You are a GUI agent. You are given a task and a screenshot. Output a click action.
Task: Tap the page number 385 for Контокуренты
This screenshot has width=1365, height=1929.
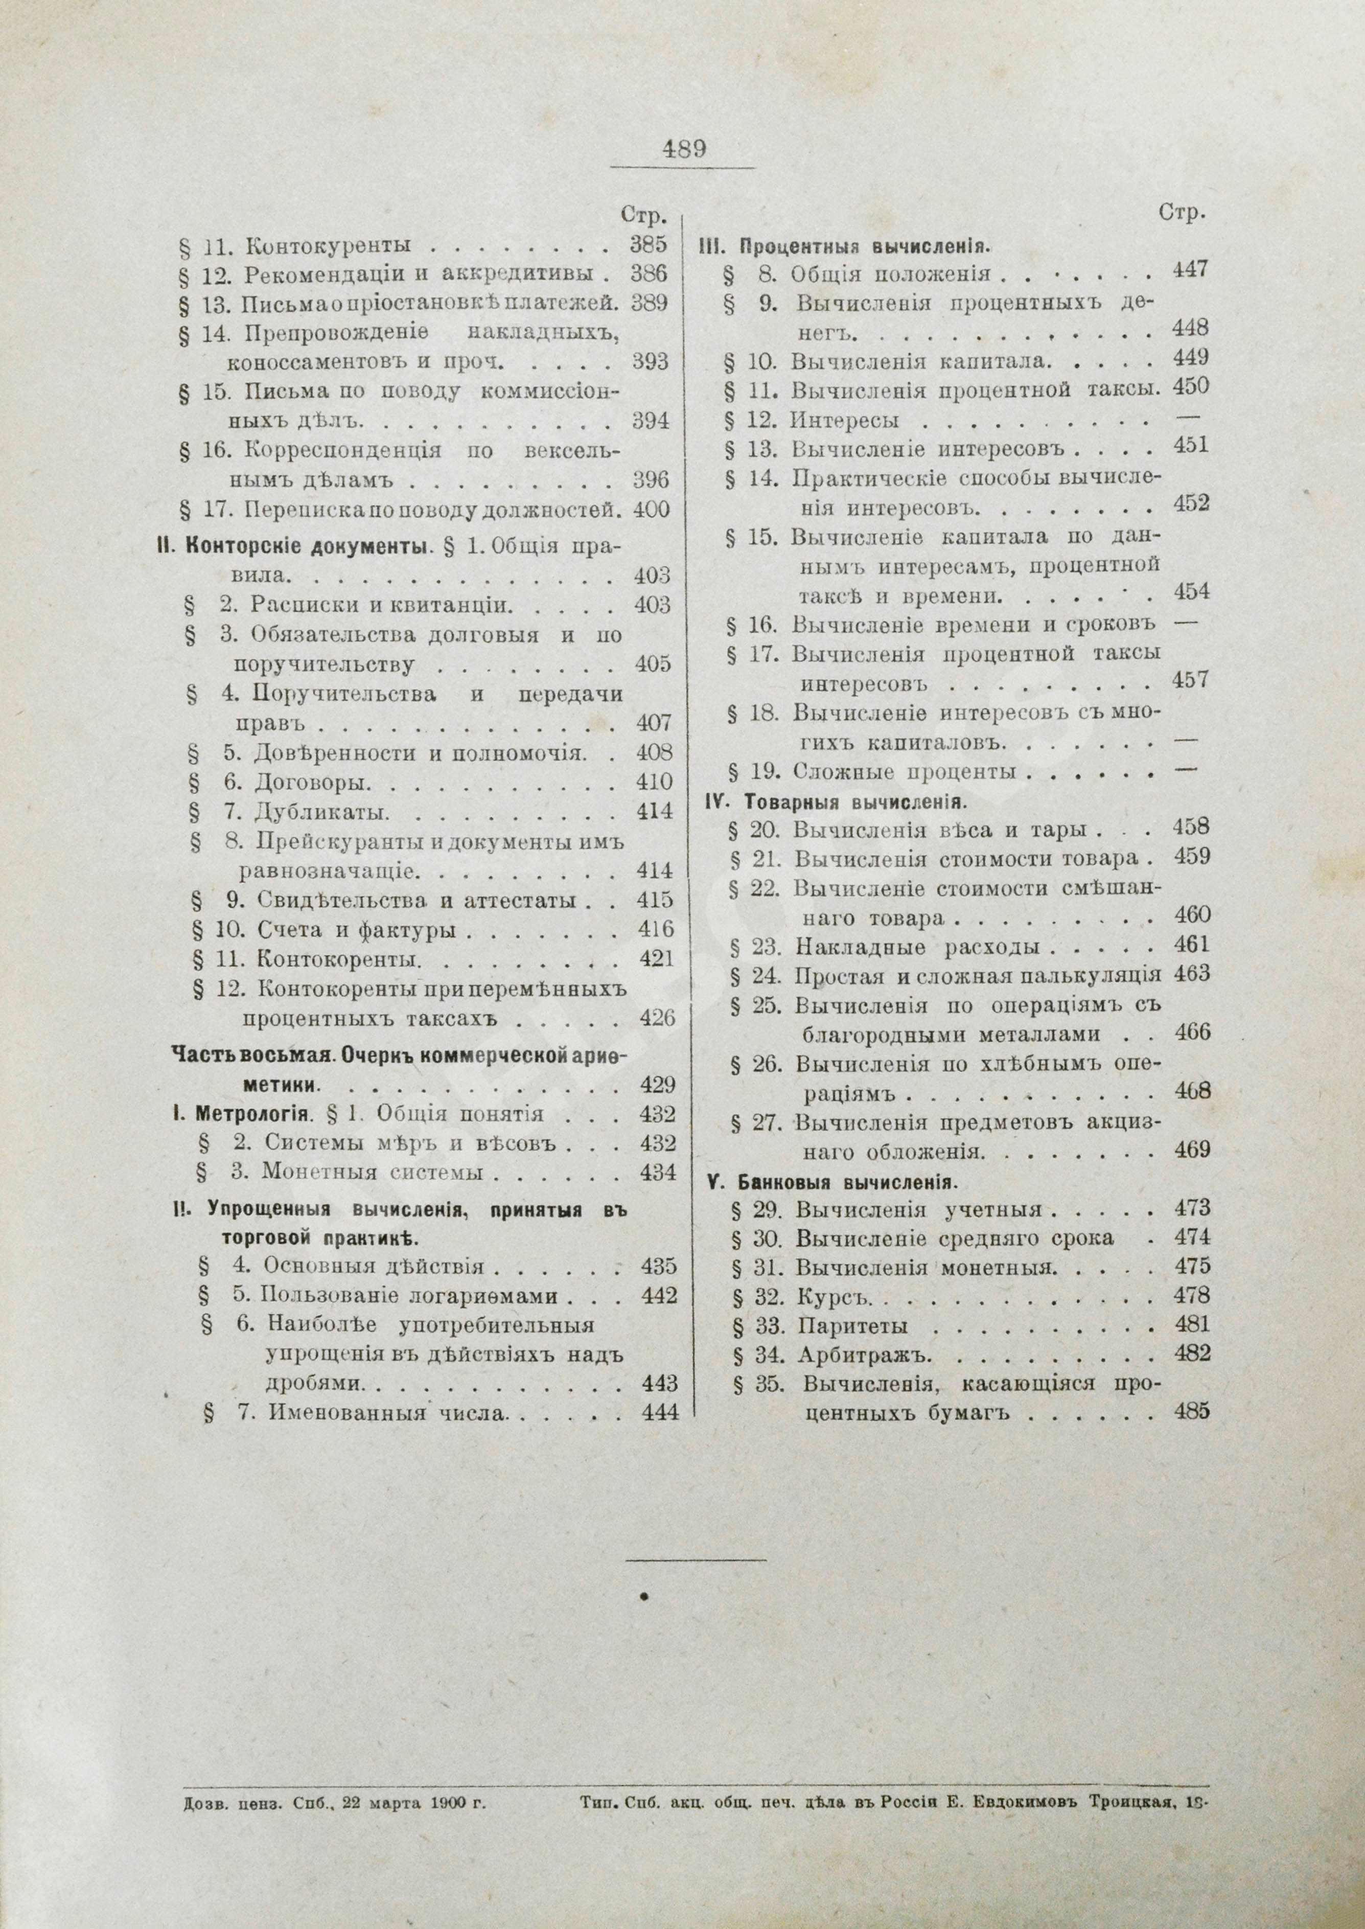[648, 245]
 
